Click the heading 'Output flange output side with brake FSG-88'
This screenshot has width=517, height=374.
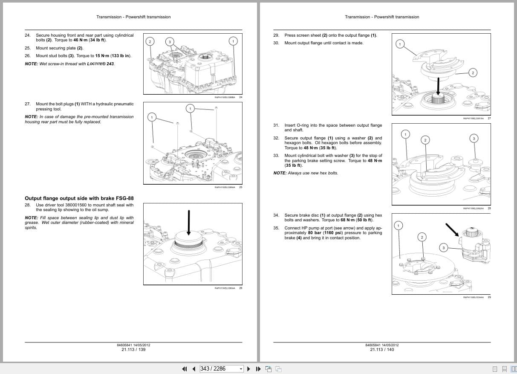pyautogui.click(x=79, y=198)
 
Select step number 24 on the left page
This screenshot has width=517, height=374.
pyautogui.click(x=28, y=35)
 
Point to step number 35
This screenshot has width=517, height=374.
pyautogui.click(x=276, y=228)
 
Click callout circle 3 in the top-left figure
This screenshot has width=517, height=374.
pyautogui.click(x=170, y=41)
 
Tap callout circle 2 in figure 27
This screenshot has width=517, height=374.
pyautogui.click(x=472, y=73)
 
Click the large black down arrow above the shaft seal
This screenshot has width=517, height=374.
pyautogui.click(x=189, y=221)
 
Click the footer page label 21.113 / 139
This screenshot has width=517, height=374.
pyautogui.click(x=133, y=350)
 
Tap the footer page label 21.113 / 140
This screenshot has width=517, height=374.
pyautogui.click(x=382, y=350)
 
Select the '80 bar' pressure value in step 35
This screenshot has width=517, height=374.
pyautogui.click(x=315, y=233)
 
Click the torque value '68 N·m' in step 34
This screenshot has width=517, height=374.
pyautogui.click(x=349, y=220)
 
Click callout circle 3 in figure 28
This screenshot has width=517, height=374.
pyautogui.click(x=474, y=138)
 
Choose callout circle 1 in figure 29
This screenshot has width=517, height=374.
pyautogui.click(x=399, y=225)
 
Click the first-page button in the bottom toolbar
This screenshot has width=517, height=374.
pyautogui.click(x=185, y=369)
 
